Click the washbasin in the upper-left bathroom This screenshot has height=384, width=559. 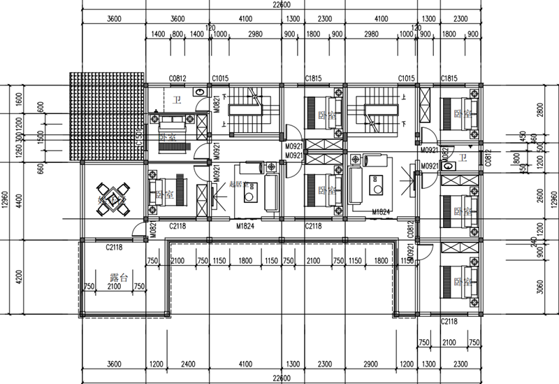click(x=200, y=92)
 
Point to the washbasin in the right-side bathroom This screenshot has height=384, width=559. click(x=448, y=166)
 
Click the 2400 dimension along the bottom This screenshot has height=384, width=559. click(x=187, y=364)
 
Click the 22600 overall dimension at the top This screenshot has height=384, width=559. click(x=282, y=4)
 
